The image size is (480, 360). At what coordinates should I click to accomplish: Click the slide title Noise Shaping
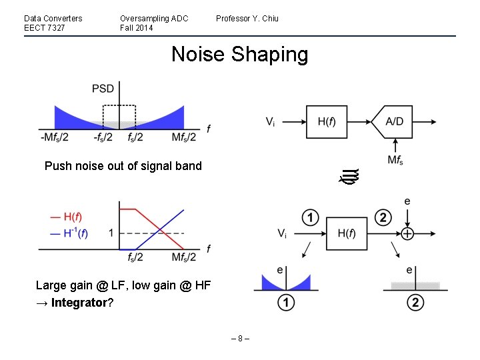(239, 54)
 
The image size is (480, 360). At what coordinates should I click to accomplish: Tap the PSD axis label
(103, 89)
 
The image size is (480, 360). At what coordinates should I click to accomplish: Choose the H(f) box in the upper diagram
(326, 121)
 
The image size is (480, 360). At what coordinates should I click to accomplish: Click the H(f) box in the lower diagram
(346, 233)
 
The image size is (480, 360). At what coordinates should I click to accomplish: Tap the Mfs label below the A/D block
(395, 160)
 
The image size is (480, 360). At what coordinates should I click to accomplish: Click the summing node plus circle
(407, 233)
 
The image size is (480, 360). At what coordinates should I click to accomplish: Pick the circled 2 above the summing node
(383, 217)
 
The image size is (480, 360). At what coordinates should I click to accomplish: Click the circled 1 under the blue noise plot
(286, 303)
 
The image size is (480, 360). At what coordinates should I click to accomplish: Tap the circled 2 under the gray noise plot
(414, 303)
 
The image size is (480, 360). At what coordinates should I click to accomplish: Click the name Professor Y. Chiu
(247, 18)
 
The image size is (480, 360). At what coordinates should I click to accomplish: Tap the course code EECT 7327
(41, 28)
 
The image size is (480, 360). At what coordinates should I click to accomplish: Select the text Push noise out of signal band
(123, 166)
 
